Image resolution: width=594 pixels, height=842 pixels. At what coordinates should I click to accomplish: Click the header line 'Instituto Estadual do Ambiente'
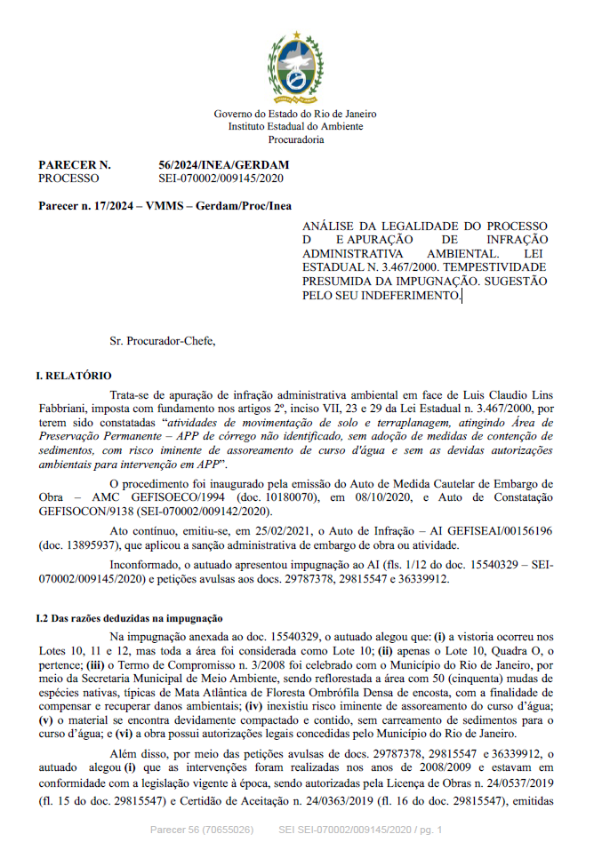point(296,127)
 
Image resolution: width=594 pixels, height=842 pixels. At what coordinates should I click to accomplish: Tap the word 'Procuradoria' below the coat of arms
point(296,140)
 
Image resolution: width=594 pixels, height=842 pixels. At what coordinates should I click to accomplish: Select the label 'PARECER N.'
point(75,165)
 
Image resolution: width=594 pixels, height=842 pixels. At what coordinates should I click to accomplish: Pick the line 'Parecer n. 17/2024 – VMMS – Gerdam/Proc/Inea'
point(165,206)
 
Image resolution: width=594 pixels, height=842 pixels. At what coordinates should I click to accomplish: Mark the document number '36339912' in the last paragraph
point(533,751)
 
